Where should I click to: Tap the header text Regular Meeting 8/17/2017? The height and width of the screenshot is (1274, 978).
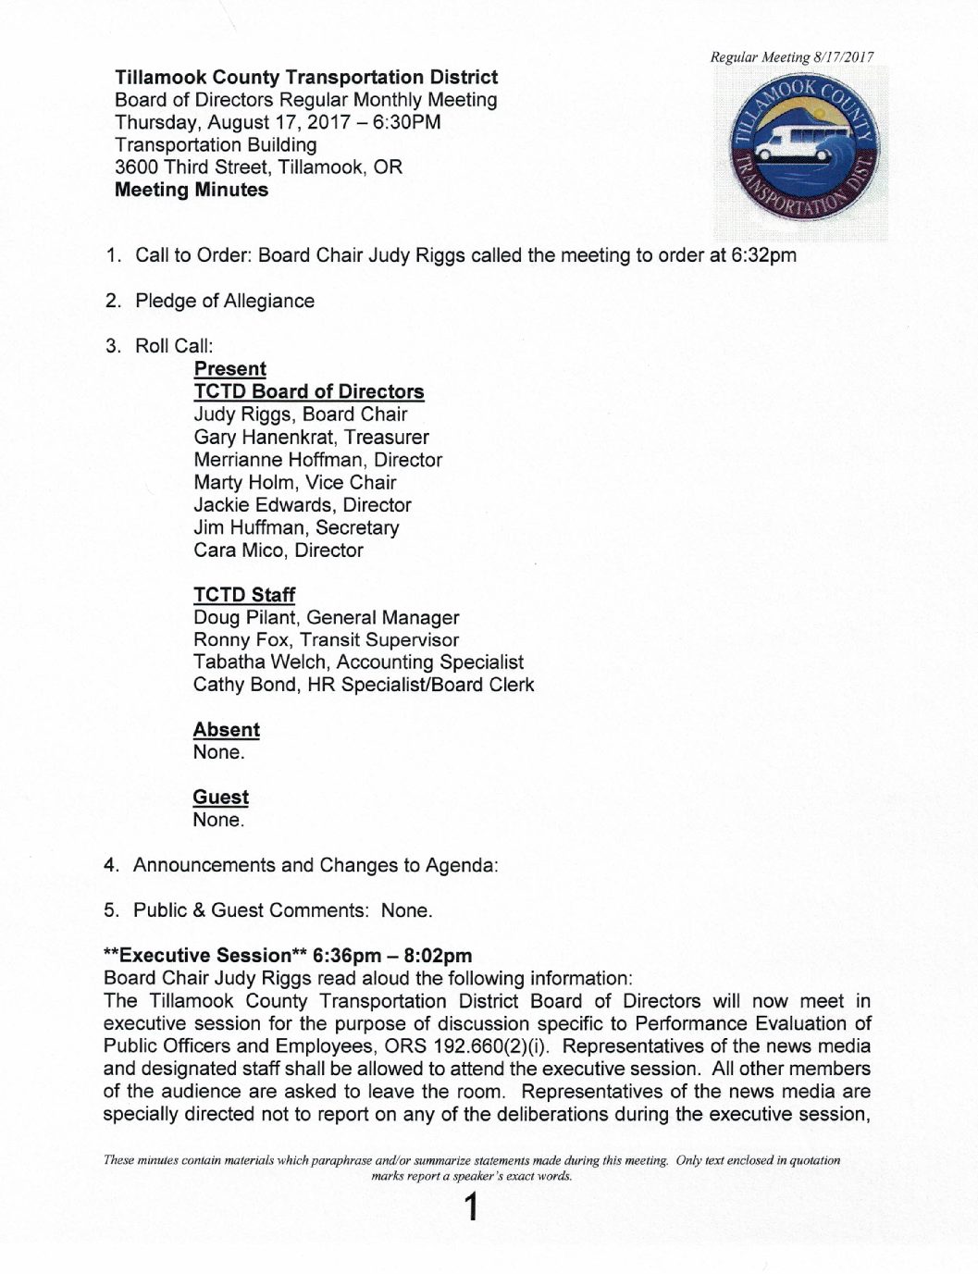tap(791, 57)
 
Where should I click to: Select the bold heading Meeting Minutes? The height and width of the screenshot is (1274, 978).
tap(192, 190)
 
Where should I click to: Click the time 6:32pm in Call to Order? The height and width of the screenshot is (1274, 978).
tap(763, 255)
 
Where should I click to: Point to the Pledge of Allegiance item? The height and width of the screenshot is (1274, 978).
tap(224, 301)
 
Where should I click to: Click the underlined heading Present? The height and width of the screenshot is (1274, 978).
tap(229, 369)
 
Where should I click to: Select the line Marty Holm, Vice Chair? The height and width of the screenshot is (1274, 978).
tap(294, 482)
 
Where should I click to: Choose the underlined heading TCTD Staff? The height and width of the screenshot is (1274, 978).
tap(244, 595)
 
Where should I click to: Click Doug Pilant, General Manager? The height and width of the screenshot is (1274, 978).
tap(326, 617)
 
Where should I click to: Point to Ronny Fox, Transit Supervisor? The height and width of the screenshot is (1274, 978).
tap(326, 639)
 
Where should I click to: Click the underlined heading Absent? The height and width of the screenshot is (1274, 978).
tap(226, 730)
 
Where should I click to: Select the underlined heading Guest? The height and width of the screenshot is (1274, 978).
tap(220, 798)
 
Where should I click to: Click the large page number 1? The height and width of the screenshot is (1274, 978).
tap(472, 1207)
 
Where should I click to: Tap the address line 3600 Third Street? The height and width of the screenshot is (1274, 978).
tap(258, 167)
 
